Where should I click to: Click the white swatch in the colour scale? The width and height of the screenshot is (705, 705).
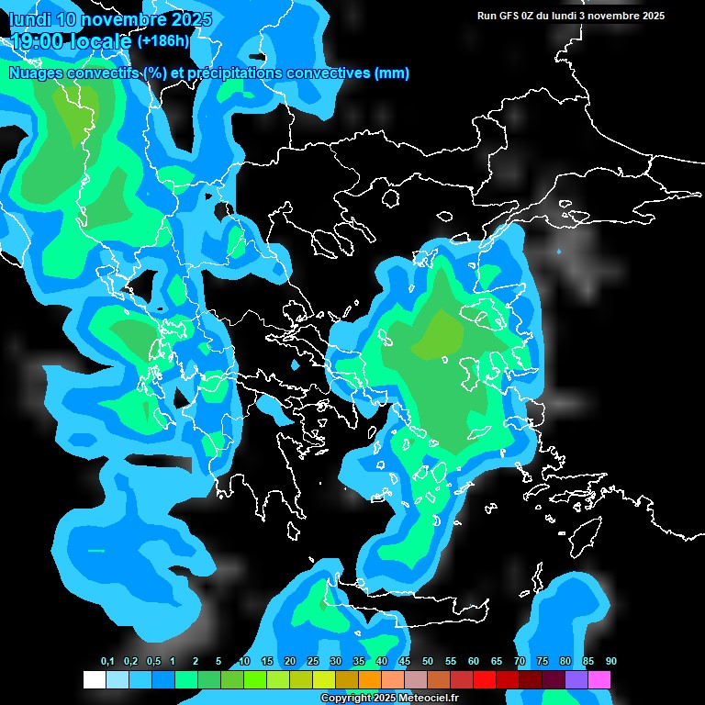(94, 680)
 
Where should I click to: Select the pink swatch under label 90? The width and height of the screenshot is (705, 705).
(599, 680)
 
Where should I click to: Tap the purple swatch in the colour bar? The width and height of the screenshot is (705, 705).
(576, 680)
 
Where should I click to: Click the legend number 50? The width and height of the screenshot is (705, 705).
(428, 662)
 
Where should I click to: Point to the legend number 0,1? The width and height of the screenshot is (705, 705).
(107, 662)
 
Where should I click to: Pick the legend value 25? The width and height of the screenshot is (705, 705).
(313, 662)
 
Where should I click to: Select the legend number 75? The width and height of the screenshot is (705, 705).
(543, 662)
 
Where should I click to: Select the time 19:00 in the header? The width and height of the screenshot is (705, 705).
(36, 41)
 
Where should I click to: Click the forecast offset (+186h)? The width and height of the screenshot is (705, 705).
(162, 41)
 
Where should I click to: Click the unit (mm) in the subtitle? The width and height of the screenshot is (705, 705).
(392, 73)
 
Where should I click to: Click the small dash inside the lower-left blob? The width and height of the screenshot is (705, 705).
(96, 550)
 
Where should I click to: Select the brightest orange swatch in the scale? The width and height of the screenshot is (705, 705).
(370, 680)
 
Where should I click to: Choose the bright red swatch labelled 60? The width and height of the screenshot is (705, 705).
(485, 680)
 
